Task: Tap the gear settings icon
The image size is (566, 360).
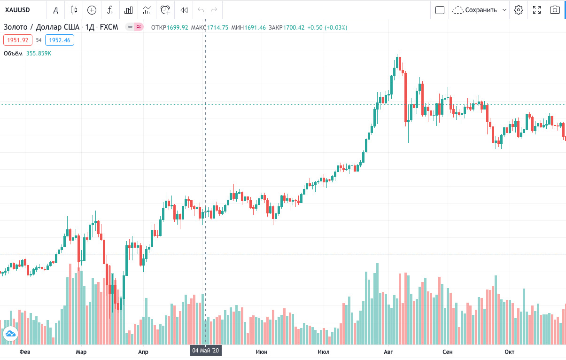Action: click(519, 10)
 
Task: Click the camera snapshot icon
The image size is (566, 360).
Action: click(555, 10)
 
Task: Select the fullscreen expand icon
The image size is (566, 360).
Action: click(537, 10)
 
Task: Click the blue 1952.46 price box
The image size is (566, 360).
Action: click(60, 40)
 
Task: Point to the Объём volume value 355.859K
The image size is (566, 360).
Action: click(39, 54)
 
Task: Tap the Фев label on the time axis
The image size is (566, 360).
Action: click(24, 352)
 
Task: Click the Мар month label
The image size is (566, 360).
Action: click(81, 352)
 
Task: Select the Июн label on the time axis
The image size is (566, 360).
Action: click(262, 352)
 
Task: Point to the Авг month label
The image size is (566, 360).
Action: click(388, 352)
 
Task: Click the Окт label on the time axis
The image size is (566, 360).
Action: click(509, 352)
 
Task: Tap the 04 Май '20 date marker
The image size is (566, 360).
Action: click(206, 351)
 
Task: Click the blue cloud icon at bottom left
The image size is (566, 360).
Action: click(10, 334)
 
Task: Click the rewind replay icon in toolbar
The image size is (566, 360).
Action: click(184, 10)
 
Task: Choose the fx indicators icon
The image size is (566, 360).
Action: click(110, 10)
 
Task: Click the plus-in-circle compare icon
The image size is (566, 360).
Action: click(92, 10)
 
